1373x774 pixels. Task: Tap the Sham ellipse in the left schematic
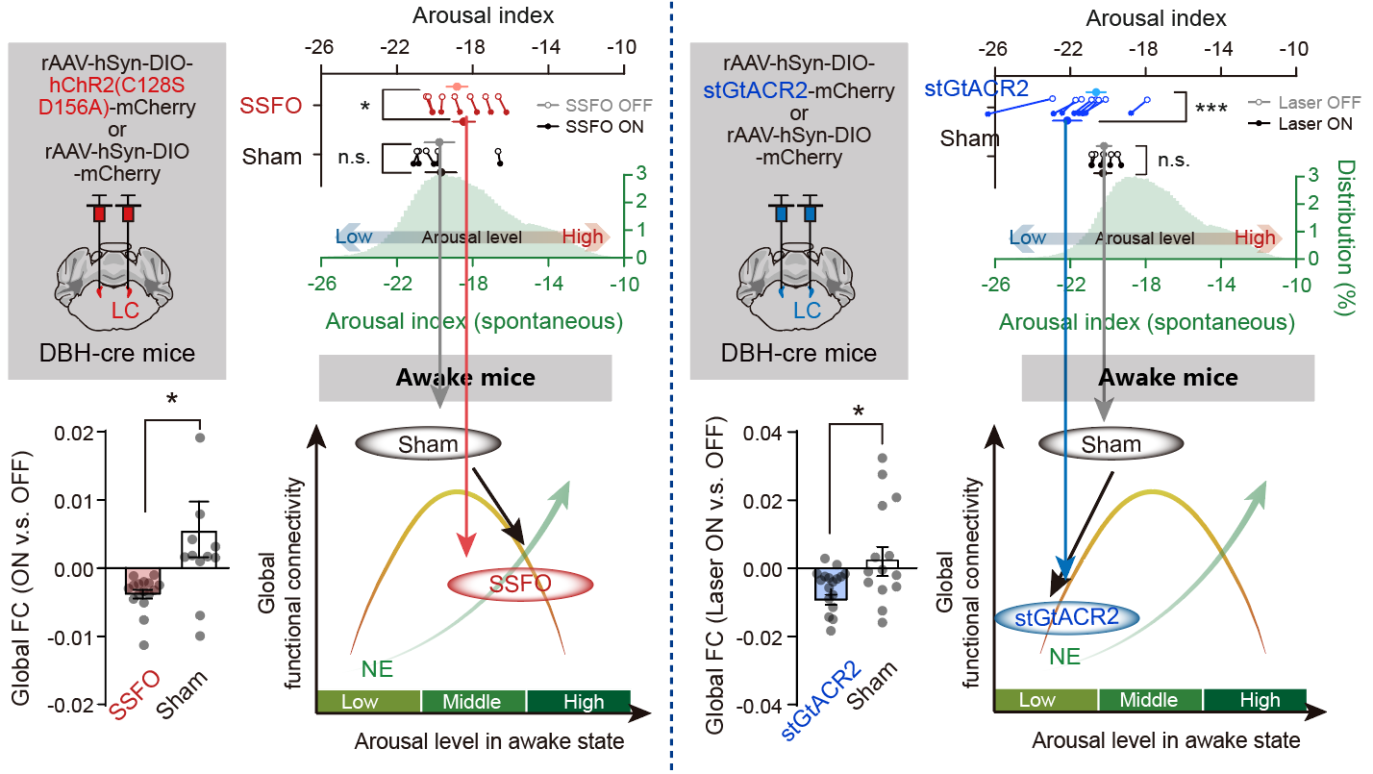pos(428,443)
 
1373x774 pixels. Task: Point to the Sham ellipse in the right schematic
pos(1111,444)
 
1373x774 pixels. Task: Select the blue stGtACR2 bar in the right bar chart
pos(830,585)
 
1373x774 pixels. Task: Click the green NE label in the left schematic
pos(377,669)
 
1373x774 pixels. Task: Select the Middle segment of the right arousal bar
pos(1150,700)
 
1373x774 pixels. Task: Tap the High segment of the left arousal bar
pos(577,701)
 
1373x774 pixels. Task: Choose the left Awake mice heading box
pos(465,377)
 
